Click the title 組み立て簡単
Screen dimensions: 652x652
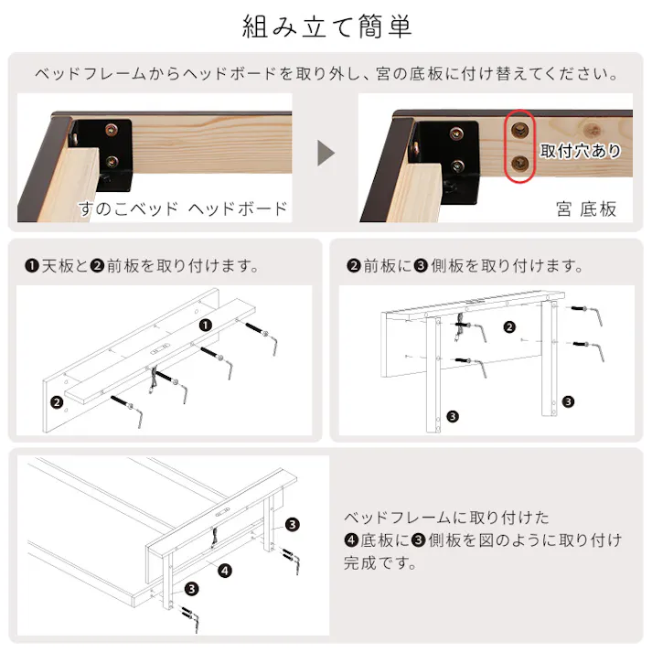click(x=326, y=26)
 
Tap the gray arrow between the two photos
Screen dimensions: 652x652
click(x=326, y=152)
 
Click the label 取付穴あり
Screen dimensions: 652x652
click(x=580, y=151)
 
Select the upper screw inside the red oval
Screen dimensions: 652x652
click(x=521, y=129)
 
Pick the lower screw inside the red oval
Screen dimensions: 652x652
click(x=521, y=166)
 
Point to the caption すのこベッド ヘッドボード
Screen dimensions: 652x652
click(x=183, y=208)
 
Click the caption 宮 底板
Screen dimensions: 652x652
click(x=586, y=208)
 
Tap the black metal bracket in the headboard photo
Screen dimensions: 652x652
click(x=108, y=146)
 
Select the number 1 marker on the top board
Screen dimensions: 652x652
click(x=206, y=324)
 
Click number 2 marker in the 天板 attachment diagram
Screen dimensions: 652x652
click(x=57, y=401)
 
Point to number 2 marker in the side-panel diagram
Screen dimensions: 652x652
click(x=509, y=326)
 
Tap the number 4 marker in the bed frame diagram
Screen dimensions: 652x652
click(x=225, y=571)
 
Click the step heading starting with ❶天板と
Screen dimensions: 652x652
click(x=142, y=267)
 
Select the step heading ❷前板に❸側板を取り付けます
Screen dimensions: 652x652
click(x=465, y=267)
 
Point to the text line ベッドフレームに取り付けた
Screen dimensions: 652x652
click(x=446, y=518)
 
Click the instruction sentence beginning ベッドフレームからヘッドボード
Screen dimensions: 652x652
click(x=326, y=73)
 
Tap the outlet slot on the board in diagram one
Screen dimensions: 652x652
click(x=161, y=348)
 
